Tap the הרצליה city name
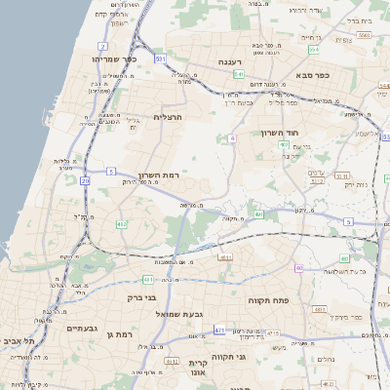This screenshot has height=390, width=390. point(169,116)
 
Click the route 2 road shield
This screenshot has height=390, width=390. point(103,46)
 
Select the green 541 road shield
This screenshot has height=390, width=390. point(238,73)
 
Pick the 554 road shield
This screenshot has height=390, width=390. point(313,49)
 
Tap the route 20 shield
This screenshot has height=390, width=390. point(85,180)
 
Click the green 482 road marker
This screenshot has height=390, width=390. point(122,224)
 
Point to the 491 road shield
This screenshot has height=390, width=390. point(259,214)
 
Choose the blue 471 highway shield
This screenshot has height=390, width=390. point(219,331)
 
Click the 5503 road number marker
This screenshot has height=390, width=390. point(363,35)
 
